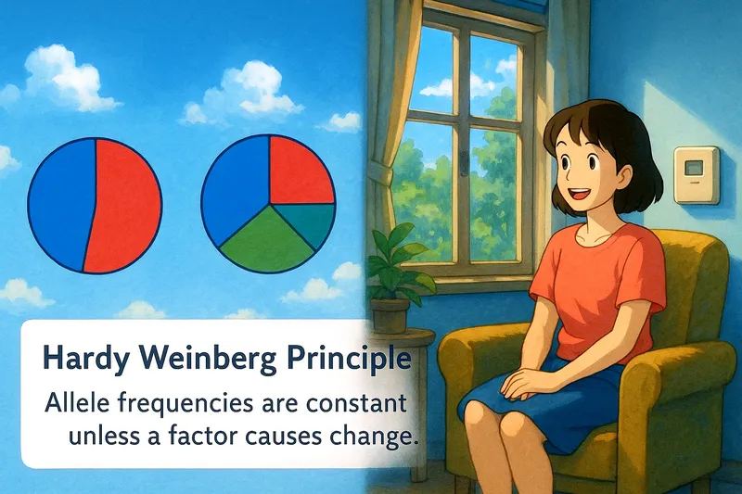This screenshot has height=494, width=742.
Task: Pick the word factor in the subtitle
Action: [x=212, y=435]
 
